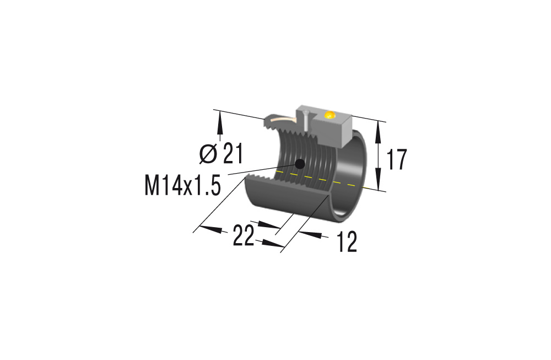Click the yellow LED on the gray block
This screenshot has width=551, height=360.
(330, 115)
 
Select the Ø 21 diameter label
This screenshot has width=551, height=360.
(220, 154)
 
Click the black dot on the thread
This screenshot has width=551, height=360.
(300, 163)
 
